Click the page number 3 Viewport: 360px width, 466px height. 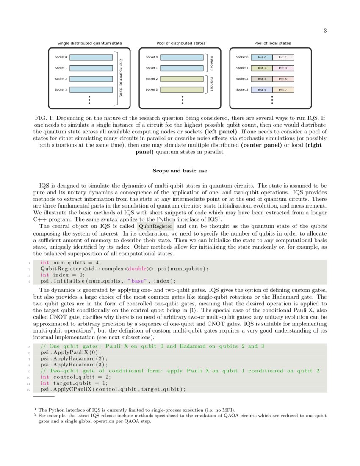point(325,31)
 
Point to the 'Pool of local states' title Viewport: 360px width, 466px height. point(272,43)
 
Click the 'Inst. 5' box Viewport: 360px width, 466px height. point(282,79)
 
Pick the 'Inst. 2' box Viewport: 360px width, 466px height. point(262,68)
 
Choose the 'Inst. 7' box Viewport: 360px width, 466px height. point(282,90)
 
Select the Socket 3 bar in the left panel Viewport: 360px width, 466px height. point(91,90)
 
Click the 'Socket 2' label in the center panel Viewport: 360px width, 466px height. point(151,79)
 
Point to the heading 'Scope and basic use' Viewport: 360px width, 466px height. point(180,171)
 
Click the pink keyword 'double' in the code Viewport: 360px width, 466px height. point(137,269)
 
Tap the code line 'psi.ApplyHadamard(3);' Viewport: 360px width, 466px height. point(74,364)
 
